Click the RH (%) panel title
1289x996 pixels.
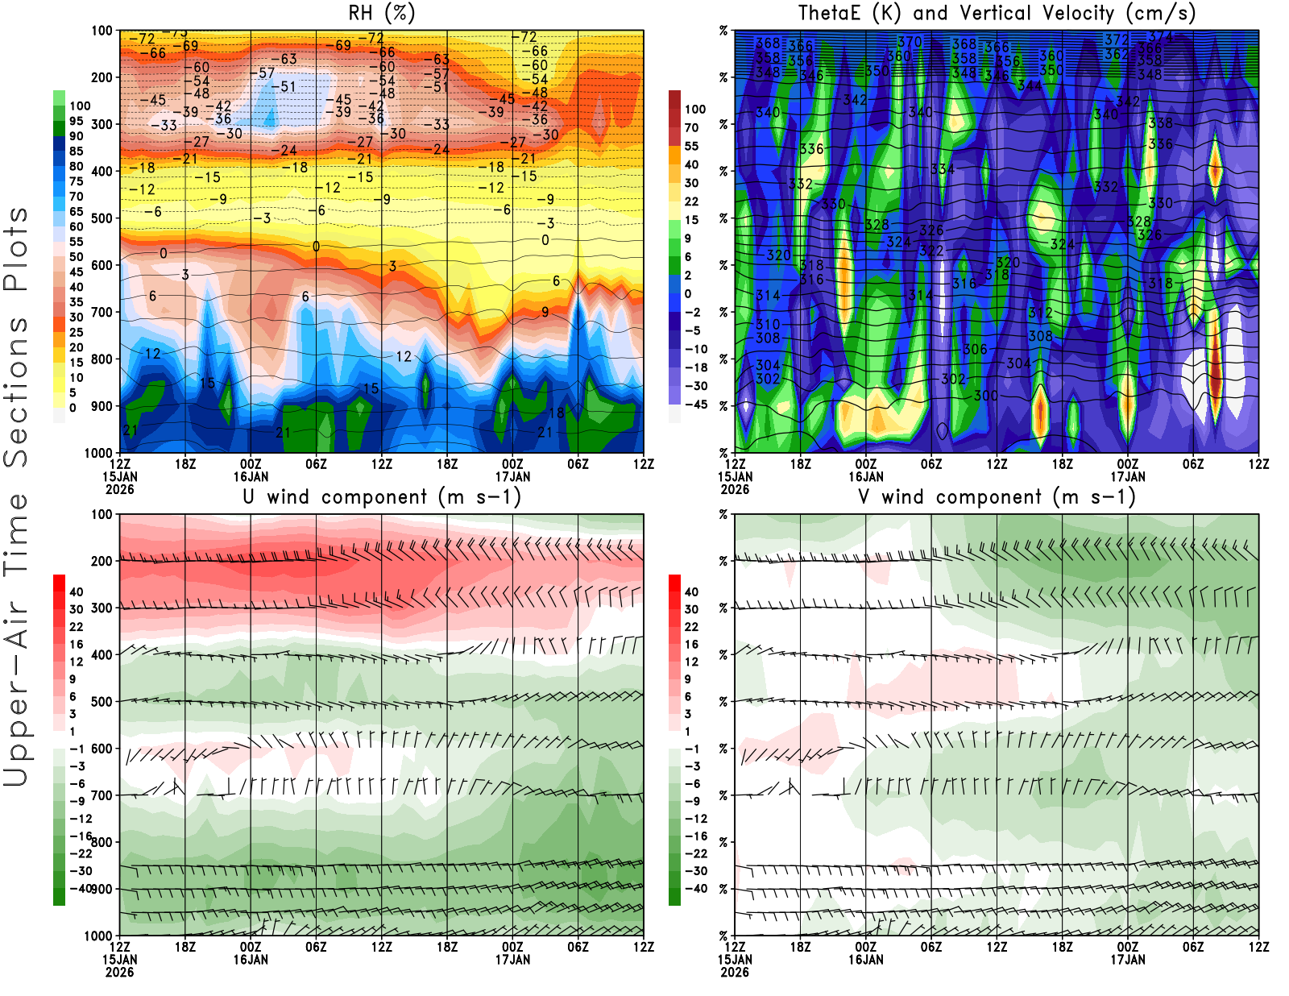pyautogui.click(x=381, y=13)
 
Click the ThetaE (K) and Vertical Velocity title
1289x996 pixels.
pyautogui.click(x=997, y=13)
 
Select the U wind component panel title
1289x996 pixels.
pyautogui.click(x=381, y=496)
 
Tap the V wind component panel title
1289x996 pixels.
pyautogui.click(x=997, y=496)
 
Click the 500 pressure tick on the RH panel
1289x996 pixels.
pyautogui.click(x=102, y=218)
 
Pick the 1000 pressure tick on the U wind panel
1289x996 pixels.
pyautogui.click(x=98, y=936)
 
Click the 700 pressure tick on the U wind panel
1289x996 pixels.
pyautogui.click(x=102, y=795)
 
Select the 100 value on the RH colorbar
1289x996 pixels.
pyautogui.click(x=80, y=106)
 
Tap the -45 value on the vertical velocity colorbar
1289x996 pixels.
pyautogui.click(x=695, y=405)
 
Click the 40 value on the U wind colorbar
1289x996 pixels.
pyautogui.click(x=76, y=591)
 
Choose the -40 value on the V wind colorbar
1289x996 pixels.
pyautogui.click(x=695, y=889)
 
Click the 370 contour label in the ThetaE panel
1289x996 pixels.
pyautogui.click(x=910, y=42)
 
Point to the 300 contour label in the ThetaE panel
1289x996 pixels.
pyautogui.click(x=985, y=395)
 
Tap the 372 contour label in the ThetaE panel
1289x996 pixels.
pyautogui.click(x=1116, y=39)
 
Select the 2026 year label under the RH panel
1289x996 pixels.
pyautogui.click(x=119, y=489)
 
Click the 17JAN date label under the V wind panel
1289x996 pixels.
pyautogui.click(x=1127, y=960)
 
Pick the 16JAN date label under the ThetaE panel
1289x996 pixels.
pyautogui.click(x=865, y=476)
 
